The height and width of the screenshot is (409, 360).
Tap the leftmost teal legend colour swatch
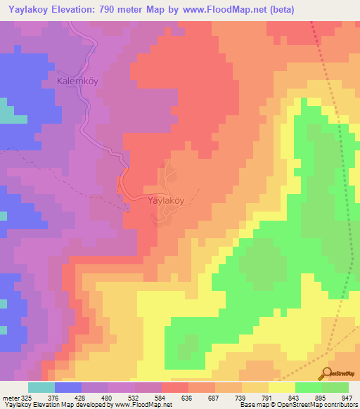click(x=41, y=387)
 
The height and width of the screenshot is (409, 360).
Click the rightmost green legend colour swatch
click(x=335, y=387)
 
